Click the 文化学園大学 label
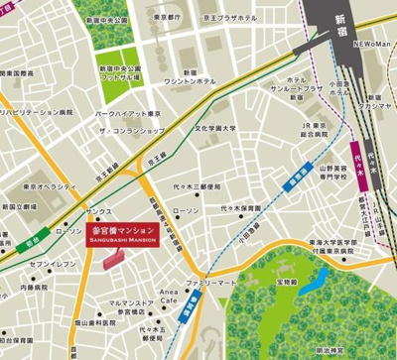point(218,128)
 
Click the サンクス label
point(98,211)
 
